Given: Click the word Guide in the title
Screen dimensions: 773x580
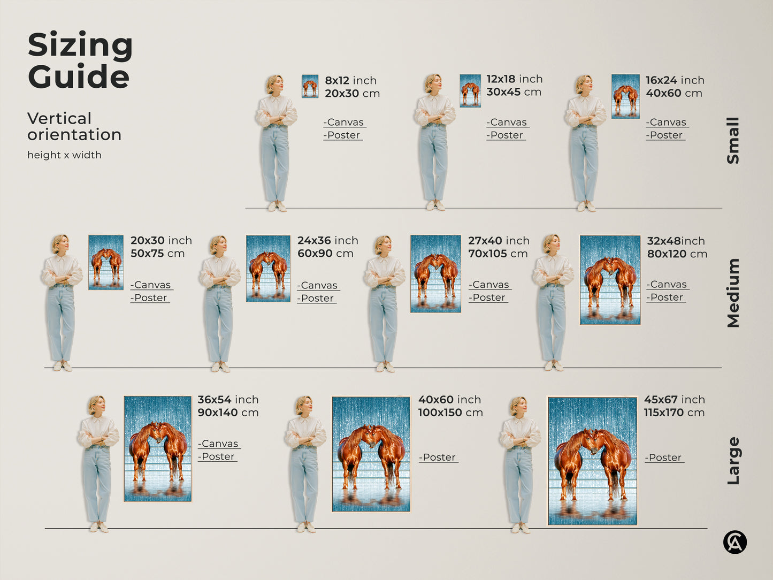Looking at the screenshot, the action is click(79, 76).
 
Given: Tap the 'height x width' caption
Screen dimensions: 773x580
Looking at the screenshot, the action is click(64, 155).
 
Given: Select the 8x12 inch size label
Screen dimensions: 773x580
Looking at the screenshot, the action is click(351, 81).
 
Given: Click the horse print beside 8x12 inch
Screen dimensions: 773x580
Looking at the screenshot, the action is click(310, 86).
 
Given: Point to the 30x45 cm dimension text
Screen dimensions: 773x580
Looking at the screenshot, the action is click(514, 92).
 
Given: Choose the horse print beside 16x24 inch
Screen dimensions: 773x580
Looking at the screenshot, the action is click(625, 96).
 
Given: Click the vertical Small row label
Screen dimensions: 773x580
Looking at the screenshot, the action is click(733, 141).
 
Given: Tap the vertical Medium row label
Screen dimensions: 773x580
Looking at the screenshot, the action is click(733, 293).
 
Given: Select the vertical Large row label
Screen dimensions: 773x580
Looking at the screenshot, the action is click(733, 461).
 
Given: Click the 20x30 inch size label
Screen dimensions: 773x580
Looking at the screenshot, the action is click(162, 241).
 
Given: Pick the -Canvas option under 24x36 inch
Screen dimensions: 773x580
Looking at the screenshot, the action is click(318, 285).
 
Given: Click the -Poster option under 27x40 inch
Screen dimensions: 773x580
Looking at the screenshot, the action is click(488, 297).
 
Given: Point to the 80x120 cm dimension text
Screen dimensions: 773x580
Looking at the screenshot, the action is click(677, 254).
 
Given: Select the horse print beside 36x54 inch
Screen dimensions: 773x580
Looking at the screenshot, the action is click(158, 449).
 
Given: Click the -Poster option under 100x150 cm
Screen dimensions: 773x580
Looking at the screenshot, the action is click(439, 457).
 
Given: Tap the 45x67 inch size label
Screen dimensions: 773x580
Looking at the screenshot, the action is click(675, 400).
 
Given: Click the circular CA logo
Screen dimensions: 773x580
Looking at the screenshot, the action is click(735, 542).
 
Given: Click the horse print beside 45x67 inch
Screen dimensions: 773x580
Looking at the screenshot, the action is click(592, 461).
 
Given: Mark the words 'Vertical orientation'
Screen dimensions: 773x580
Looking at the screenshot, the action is click(74, 126).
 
